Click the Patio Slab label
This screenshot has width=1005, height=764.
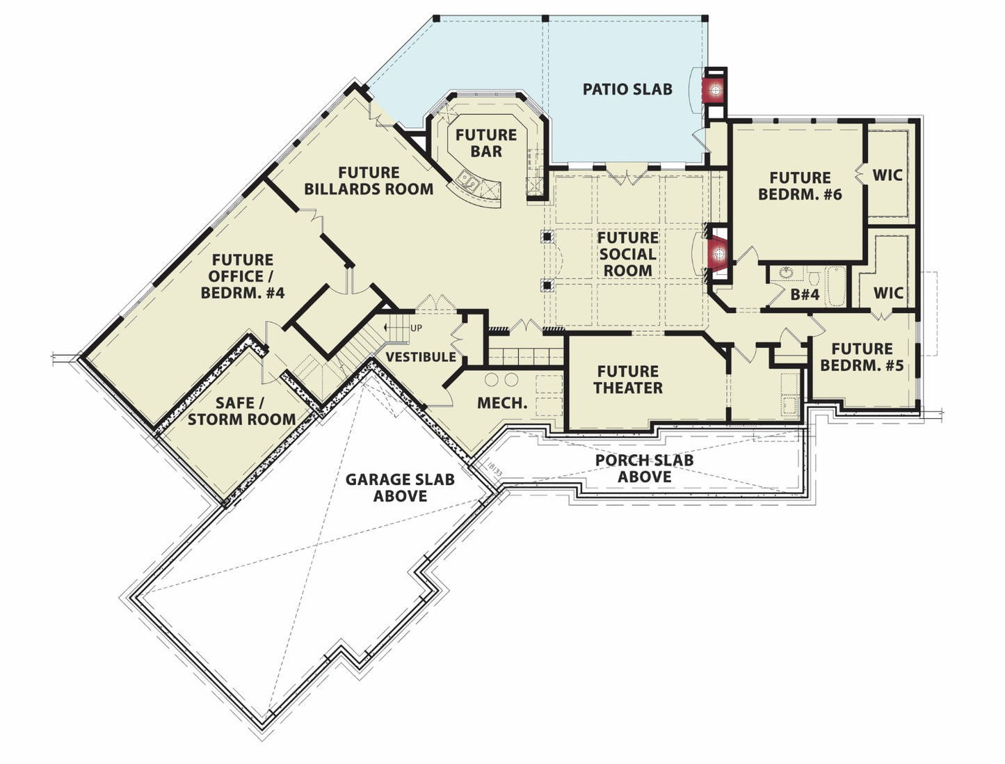coord(627,89)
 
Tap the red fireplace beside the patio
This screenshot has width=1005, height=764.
coord(715,90)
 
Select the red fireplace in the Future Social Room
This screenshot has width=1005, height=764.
coord(718,253)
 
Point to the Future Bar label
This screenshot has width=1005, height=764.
coord(485,143)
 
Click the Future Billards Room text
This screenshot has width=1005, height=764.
coord(369,180)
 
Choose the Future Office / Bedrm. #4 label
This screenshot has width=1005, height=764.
coord(243,276)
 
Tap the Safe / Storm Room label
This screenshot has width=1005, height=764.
coord(241,411)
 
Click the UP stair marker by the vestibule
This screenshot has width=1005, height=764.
coord(416,328)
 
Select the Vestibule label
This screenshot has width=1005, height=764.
coord(421,357)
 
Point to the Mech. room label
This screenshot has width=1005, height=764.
coord(502,403)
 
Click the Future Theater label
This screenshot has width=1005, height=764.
coord(628,379)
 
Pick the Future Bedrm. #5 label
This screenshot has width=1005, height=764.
coord(862,357)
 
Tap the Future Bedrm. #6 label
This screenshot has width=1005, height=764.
coord(800,186)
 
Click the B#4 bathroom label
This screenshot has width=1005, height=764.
coord(805,294)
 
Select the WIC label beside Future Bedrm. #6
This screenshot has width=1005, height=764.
coord(887,175)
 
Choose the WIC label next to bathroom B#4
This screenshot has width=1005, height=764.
coord(888,293)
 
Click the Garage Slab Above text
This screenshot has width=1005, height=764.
coord(400,487)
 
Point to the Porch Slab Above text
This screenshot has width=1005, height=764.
coord(644,468)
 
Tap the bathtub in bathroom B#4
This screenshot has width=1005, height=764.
coord(836,286)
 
